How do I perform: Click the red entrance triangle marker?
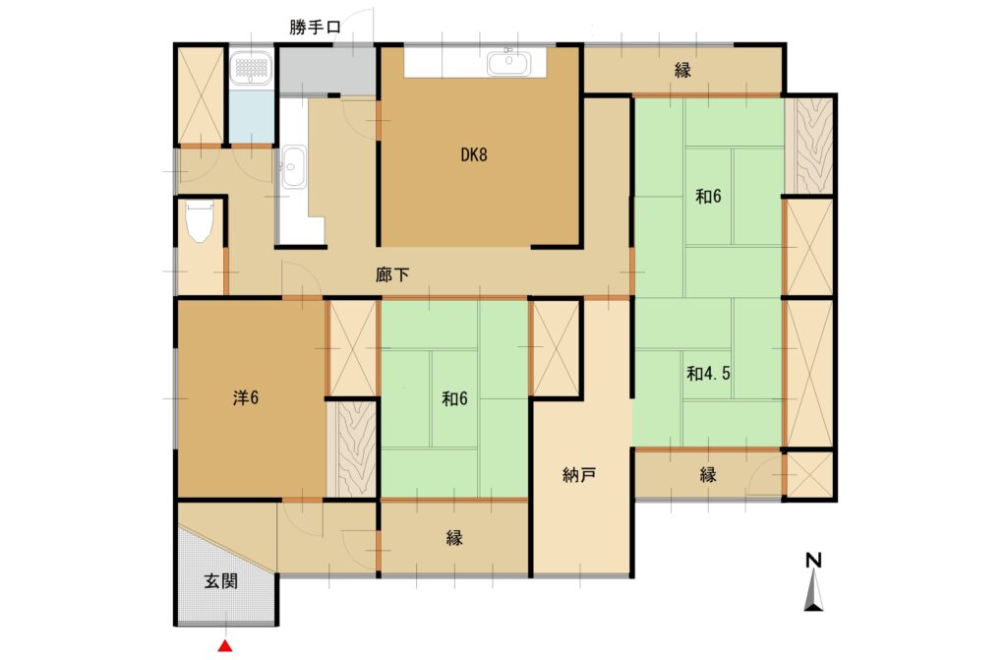click(x=225, y=646)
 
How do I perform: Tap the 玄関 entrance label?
click(x=221, y=581)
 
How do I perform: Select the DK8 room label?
click(x=474, y=154)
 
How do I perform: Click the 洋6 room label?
click(x=245, y=398)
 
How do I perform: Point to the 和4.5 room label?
click(x=708, y=374)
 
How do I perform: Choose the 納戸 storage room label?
click(x=578, y=475)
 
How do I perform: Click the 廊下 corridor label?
click(x=392, y=275)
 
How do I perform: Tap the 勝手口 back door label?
click(x=315, y=28)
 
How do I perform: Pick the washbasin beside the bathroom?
click(x=294, y=167)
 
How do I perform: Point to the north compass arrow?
click(x=813, y=590)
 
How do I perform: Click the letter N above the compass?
click(x=813, y=561)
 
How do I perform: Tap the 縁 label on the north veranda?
click(x=682, y=70)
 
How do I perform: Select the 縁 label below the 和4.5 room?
click(x=708, y=475)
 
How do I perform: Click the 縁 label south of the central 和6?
click(x=454, y=538)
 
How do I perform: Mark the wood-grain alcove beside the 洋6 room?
click(x=352, y=450)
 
